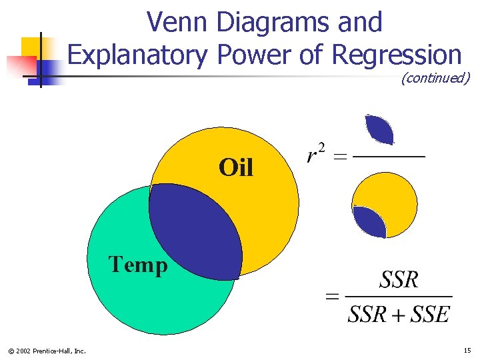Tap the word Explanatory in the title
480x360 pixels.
coord(138,55)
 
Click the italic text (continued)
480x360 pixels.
coord(435,78)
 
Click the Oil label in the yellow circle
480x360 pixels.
coord(236,167)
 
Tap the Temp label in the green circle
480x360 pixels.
coord(138,265)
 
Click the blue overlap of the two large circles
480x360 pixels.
coord(195,230)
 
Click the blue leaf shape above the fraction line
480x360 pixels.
coord(379,129)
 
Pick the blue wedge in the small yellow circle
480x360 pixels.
coord(369,222)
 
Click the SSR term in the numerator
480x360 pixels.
coord(399,280)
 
